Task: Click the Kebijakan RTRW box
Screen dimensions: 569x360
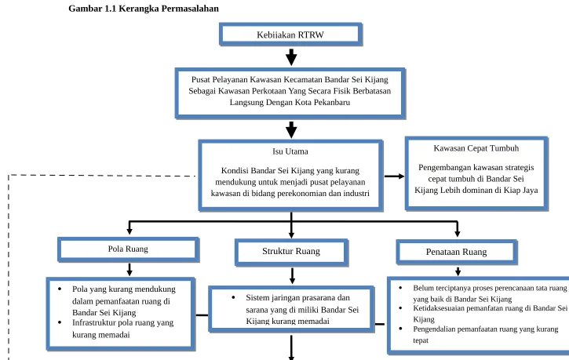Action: coord(290,35)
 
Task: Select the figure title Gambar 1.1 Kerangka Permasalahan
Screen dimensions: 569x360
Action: coord(144,9)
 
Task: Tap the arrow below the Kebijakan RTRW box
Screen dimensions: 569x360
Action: coord(291,57)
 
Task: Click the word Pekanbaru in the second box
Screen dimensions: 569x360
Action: coord(332,102)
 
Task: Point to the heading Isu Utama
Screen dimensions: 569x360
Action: coord(290,151)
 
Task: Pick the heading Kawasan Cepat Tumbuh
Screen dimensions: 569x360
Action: coord(476,148)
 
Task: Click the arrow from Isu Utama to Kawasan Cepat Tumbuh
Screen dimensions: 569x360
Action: coord(395,176)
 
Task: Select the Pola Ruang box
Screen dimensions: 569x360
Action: coord(128,249)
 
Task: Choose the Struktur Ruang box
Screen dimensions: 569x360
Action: coord(291,252)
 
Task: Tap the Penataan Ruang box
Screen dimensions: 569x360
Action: coord(457,252)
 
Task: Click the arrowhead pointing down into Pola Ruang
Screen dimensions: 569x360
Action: coord(129,231)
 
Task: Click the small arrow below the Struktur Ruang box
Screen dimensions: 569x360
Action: coord(292,276)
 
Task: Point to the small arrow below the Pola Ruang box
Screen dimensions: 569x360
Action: coord(129,269)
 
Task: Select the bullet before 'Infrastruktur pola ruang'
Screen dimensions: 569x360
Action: coord(60,322)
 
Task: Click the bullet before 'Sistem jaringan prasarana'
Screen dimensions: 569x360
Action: coord(233,297)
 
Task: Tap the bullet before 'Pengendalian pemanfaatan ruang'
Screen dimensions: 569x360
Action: coord(400,329)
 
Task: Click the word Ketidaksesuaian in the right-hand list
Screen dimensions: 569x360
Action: coord(439,308)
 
